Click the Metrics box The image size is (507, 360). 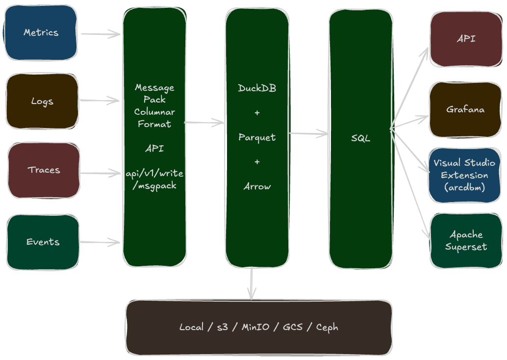[41, 32]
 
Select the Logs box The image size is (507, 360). [42, 101]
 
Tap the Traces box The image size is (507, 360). [44, 170]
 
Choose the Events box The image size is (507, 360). [43, 242]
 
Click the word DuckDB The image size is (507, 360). [257, 88]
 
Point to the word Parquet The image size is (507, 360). [257, 137]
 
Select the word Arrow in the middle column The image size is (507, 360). [257, 186]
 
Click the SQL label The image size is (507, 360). [360, 138]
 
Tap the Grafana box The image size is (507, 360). [465, 109]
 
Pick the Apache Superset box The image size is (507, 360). [466, 240]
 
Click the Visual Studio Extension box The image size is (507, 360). [464, 174]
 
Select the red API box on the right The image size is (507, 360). [466, 39]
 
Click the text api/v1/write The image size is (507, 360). [154, 174]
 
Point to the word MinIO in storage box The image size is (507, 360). [255, 327]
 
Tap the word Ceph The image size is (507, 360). [327, 327]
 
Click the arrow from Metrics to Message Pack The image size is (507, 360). [101, 34]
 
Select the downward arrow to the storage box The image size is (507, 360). [252, 283]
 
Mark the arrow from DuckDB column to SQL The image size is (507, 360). [308, 133]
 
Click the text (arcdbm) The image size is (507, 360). [464, 187]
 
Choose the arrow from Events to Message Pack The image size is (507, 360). [101, 242]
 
